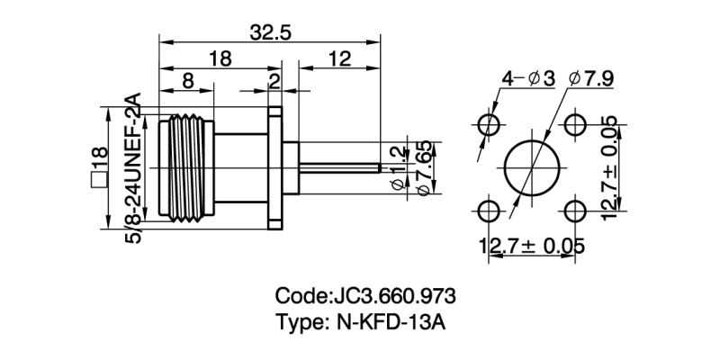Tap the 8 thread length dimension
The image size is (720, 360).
coord(186,80)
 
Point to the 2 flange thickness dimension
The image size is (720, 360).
coord(274,80)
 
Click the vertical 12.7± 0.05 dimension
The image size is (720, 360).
coord(613,167)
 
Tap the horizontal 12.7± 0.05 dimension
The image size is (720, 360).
coord(532,245)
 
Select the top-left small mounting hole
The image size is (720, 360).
coord(489,124)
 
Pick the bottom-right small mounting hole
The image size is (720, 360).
coord(574,211)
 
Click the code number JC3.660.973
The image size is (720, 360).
coord(394,296)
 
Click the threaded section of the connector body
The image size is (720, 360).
coord(186,167)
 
